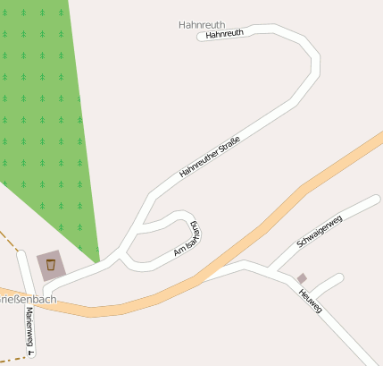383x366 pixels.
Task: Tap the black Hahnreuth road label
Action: coord(224,34)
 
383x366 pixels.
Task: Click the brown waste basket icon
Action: coord(51,264)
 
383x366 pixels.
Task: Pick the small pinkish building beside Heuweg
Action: coord(302,278)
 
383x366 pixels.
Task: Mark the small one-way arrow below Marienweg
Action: coord(30,353)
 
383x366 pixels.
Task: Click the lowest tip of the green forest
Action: coord(98,261)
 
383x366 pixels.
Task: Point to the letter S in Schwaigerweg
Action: coord(299,244)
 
